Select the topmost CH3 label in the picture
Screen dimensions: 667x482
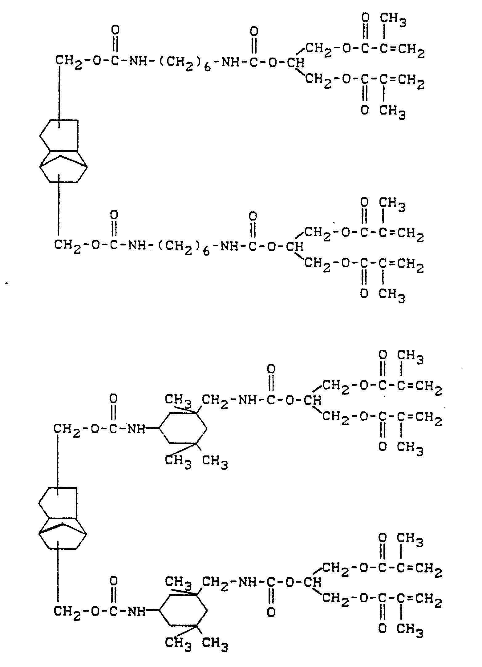tap(393, 20)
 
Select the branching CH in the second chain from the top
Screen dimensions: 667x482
tap(295, 246)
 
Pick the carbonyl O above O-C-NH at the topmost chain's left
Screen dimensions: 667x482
tap(115, 30)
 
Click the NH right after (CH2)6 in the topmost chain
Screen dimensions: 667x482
tap(231, 63)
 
